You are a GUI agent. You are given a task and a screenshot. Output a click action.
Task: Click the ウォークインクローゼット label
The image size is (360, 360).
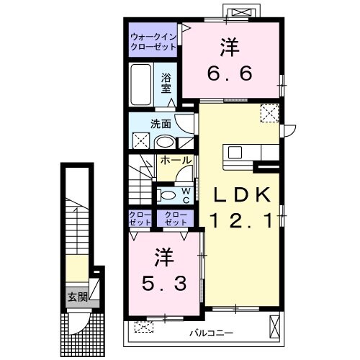pyautogui.click(x=153, y=42)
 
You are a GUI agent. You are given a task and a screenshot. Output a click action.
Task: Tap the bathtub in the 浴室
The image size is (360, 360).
pyautogui.click(x=141, y=84)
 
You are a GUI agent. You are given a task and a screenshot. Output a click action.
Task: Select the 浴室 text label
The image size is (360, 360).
pyautogui.click(x=166, y=83)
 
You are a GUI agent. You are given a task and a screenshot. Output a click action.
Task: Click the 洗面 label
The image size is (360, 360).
pyautogui.click(x=161, y=124)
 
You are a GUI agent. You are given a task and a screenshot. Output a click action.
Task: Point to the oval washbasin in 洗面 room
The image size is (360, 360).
pyautogui.click(x=164, y=142)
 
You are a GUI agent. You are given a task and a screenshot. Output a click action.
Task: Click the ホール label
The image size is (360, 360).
pyautogui.click(x=176, y=161)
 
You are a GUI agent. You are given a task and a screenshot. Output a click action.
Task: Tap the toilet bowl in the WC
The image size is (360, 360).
pyautogui.click(x=166, y=195)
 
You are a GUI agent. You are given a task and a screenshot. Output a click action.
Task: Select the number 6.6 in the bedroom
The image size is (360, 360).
pyautogui.click(x=230, y=73)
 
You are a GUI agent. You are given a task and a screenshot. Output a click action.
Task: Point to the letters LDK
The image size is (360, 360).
pyautogui.click(x=243, y=194)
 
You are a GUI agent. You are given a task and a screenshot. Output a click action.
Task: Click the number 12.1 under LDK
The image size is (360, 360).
pyautogui.click(x=241, y=220)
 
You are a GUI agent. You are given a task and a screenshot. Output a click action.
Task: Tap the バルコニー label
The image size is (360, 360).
pyautogui.click(x=212, y=333)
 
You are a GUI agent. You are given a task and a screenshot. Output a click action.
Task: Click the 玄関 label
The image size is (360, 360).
pyautogui.click(x=78, y=297)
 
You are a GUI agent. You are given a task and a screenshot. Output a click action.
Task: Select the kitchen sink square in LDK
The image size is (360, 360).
pyautogui.click(x=235, y=153)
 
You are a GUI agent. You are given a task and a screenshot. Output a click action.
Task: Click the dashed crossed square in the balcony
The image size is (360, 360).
pyautogui.click(x=144, y=327)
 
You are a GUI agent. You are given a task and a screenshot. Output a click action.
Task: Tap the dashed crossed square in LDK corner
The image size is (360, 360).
pyautogui.click(x=270, y=113)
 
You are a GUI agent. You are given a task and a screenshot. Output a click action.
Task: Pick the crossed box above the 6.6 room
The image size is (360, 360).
pyautogui.click(x=242, y=12)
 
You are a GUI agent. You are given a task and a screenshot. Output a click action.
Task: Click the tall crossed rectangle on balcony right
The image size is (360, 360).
pyautogui.click(x=275, y=327)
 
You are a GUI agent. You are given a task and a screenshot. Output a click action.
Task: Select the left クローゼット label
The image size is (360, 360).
pyautogui.click(x=140, y=218)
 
